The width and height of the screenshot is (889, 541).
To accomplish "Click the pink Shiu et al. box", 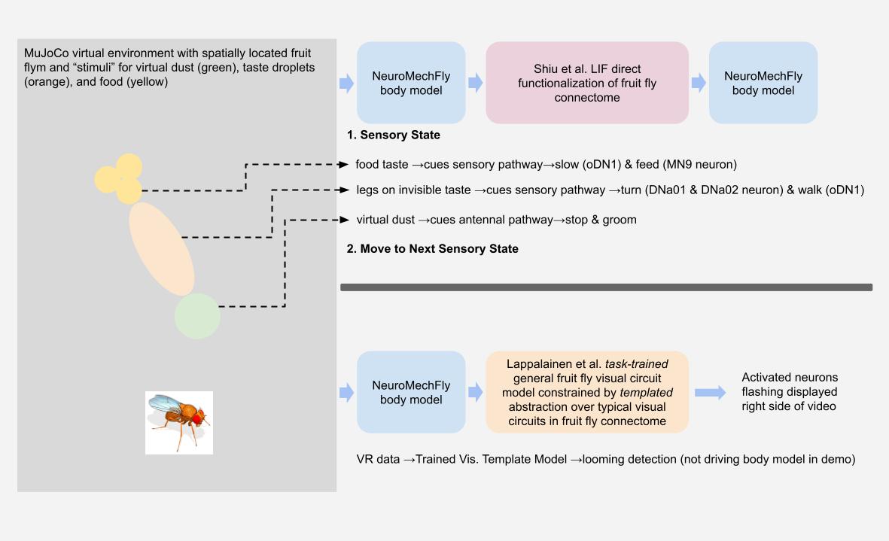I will coord(586,83).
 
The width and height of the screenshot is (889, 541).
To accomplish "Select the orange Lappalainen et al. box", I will coord(586,392).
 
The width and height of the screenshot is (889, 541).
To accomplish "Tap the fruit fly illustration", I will coord(178,422).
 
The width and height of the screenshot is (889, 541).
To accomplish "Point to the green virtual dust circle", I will coord(197,316).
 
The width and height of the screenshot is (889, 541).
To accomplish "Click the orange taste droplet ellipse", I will coord(162,248).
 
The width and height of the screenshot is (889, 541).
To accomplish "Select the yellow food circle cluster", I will coord(120,179).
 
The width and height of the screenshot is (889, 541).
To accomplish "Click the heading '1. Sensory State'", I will coord(393,135).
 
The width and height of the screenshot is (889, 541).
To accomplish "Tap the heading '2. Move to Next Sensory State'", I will coord(432,249).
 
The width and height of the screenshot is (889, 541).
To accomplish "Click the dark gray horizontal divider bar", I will coord(606,287).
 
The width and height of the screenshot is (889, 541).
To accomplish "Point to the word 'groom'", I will coord(619,220).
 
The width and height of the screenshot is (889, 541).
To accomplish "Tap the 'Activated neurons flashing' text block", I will coord(789,392).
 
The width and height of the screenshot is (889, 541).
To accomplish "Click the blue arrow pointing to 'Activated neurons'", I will coord(710,392).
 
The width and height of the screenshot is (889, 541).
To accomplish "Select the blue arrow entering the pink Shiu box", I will coord(475,83).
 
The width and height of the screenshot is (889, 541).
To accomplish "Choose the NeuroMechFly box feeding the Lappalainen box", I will coord(411,392).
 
